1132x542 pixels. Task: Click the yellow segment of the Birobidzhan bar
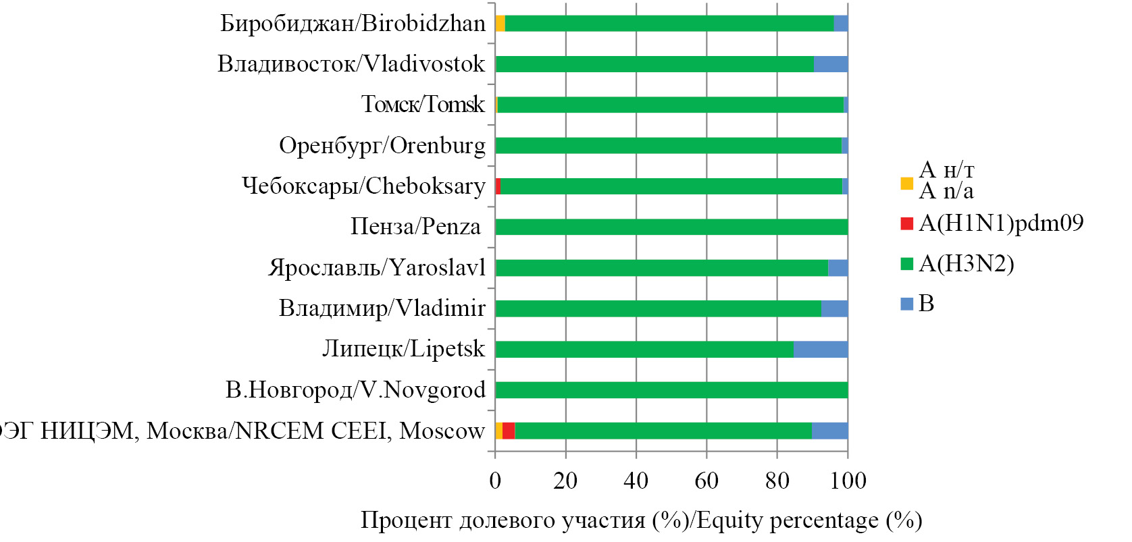[500, 24]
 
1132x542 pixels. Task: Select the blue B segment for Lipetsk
[821, 350]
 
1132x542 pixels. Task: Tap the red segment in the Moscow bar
[509, 431]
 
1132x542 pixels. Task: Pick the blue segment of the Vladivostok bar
[831, 64]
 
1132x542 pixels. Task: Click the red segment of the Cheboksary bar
[498, 186]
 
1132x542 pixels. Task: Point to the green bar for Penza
[671, 227]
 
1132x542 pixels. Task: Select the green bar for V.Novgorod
[671, 390]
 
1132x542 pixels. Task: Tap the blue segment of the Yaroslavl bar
[838, 268]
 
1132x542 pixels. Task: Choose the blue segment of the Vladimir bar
[834, 308]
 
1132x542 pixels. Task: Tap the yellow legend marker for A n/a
[907, 183]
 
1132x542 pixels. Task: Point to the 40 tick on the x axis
[636, 481]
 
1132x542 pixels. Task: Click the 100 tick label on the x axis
[848, 481]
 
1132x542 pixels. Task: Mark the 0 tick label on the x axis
[495, 481]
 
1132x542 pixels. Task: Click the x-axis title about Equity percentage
[641, 520]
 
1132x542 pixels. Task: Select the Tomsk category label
[423, 105]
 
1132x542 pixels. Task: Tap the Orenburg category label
[382, 146]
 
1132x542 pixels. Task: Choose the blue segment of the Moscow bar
[829, 431]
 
